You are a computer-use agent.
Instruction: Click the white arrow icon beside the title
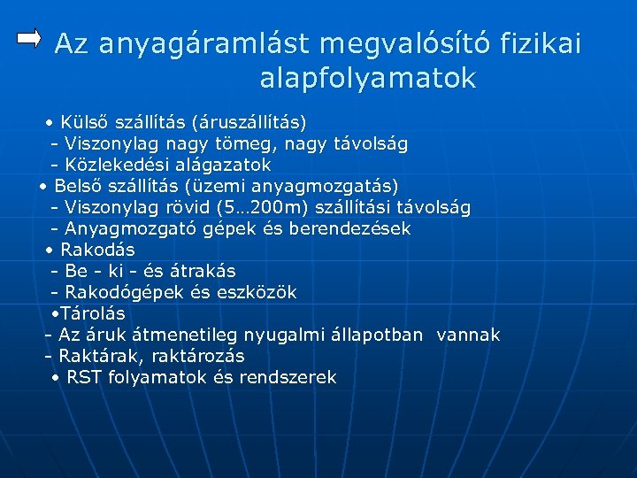click(x=30, y=37)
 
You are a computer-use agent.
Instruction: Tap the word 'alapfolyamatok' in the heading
click(x=368, y=80)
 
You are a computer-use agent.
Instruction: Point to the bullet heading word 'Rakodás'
click(x=96, y=250)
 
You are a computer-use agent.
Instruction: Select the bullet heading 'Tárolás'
click(x=92, y=313)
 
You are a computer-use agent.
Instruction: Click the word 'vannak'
click(x=468, y=335)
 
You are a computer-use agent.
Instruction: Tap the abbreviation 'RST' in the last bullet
click(x=84, y=377)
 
